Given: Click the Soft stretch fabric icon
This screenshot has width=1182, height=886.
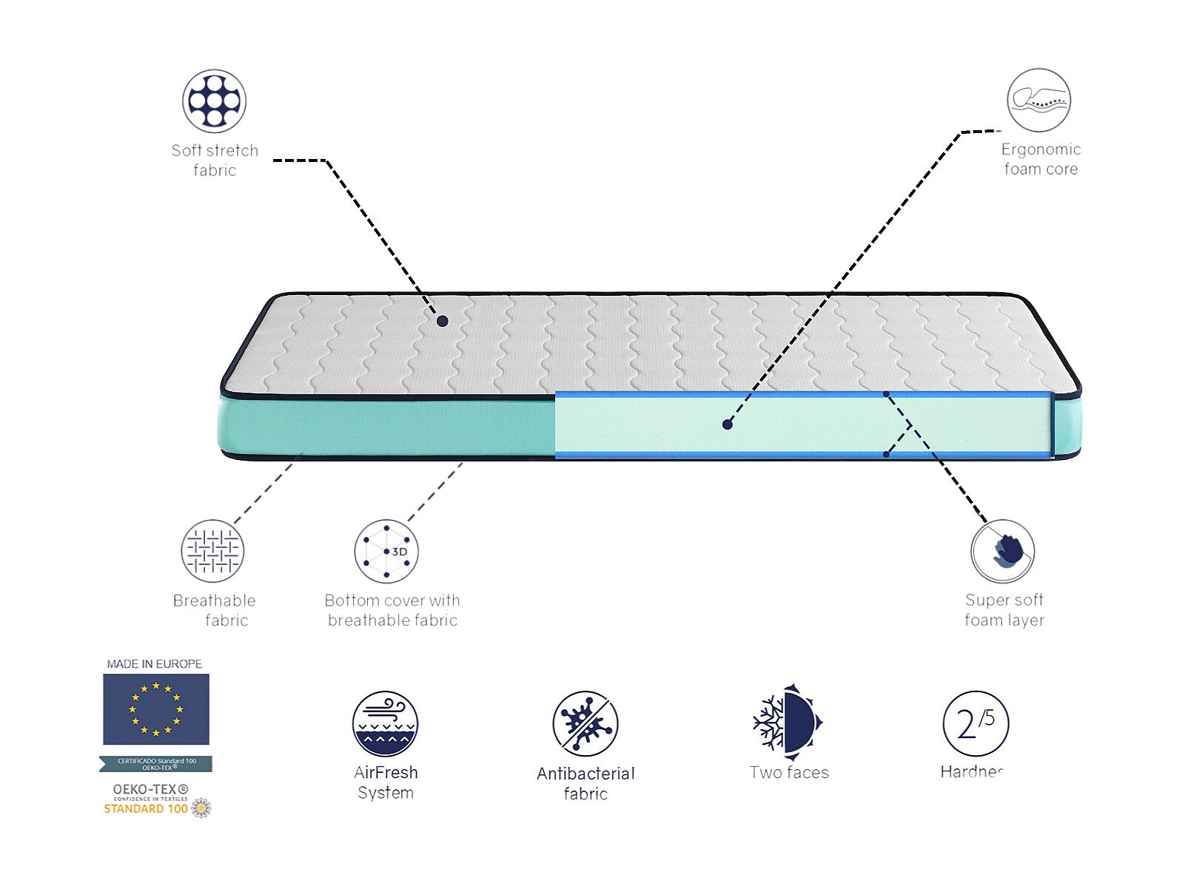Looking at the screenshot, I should click(x=214, y=101).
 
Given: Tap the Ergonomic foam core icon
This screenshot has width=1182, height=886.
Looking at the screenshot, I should click(x=1038, y=101).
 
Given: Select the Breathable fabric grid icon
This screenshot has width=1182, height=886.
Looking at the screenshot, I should click(x=212, y=551).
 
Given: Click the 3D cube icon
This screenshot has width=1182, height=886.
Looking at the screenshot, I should click(x=386, y=551).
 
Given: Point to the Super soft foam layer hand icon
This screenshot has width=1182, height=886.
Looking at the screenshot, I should click(x=1003, y=551).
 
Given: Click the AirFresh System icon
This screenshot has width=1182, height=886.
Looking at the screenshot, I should click(x=385, y=724).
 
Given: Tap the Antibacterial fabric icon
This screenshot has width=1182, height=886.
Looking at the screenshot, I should click(x=585, y=724).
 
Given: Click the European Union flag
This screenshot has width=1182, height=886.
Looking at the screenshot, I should click(x=155, y=709).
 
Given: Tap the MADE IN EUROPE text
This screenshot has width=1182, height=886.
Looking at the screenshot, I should click(x=154, y=664).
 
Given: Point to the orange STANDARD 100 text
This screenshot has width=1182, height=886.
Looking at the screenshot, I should click(x=146, y=809).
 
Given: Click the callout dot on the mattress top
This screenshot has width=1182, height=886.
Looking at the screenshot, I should click(x=442, y=321).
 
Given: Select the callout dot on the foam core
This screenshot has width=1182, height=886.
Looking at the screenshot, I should click(x=728, y=425).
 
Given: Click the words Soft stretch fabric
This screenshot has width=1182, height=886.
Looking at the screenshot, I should click(x=215, y=160).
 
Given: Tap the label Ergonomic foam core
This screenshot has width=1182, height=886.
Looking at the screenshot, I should click(x=1041, y=159).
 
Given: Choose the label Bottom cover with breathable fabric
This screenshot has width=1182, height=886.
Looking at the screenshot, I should click(x=392, y=610).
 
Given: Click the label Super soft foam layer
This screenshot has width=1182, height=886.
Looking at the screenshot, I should click(x=1004, y=610).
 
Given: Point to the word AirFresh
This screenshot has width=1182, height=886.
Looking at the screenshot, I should click(x=386, y=773).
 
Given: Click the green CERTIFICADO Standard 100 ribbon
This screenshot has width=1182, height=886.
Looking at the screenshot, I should click(x=156, y=764).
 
